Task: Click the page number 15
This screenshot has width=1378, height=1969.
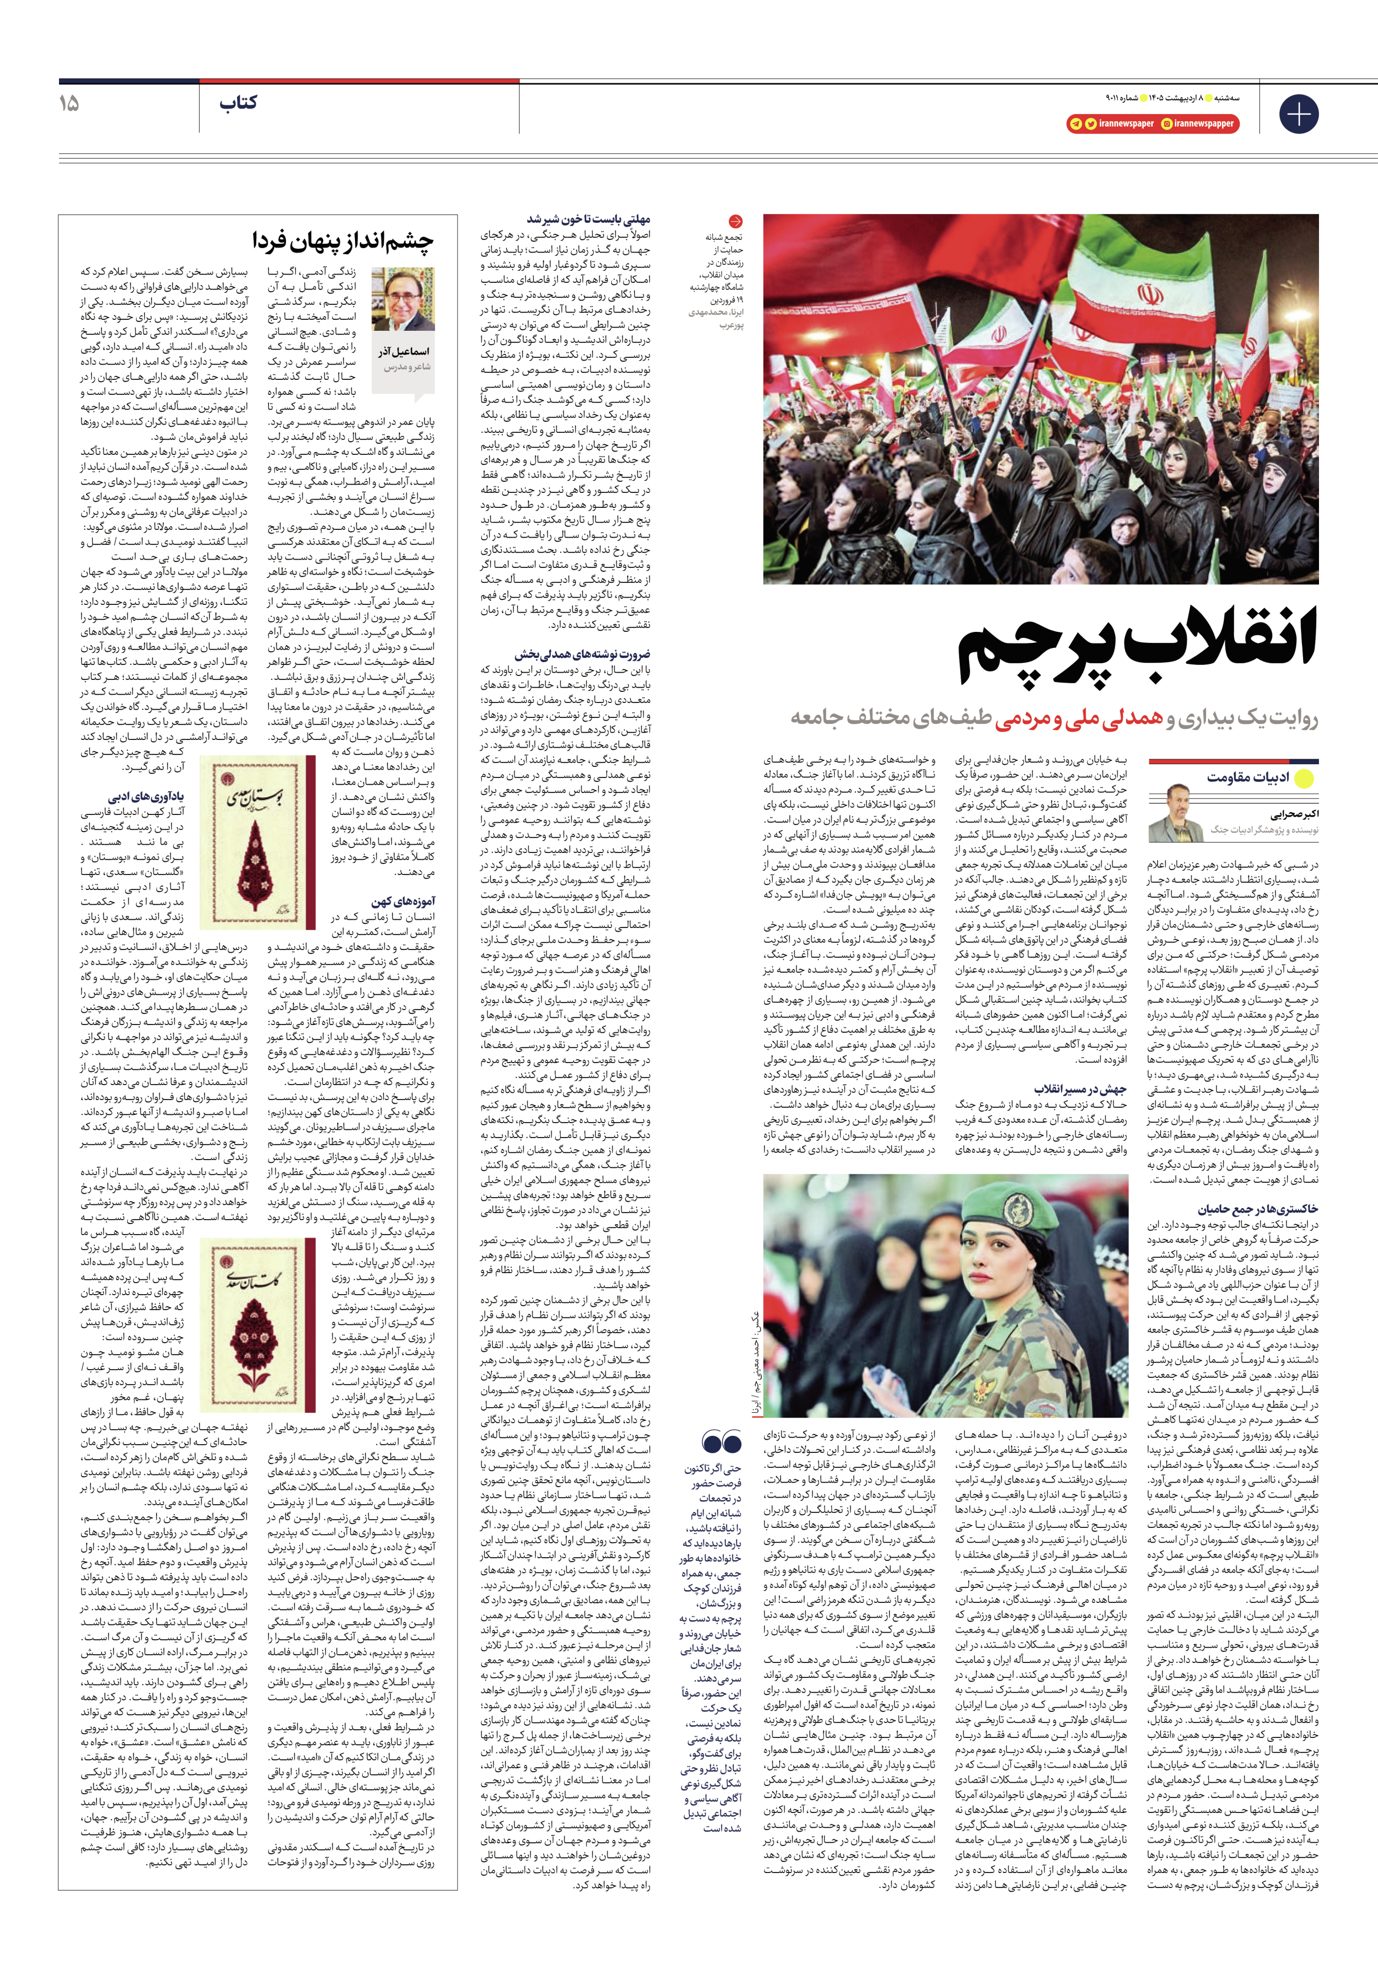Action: (68, 104)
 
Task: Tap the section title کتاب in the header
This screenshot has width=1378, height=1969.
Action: (238, 104)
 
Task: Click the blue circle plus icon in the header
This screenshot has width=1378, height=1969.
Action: (1298, 113)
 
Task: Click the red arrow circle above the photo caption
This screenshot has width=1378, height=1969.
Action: (735, 221)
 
